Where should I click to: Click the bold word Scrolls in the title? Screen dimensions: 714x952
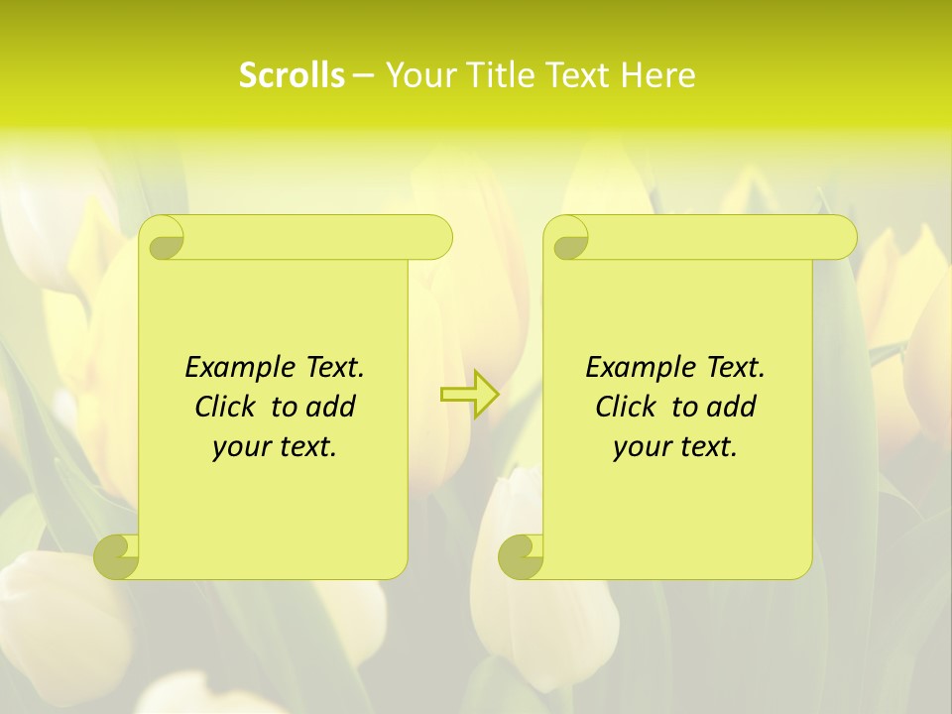[x=292, y=75]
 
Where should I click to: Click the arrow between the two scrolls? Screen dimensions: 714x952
[x=469, y=395]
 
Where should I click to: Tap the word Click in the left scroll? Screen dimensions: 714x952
[x=217, y=407]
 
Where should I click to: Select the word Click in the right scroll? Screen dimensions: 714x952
[x=618, y=407]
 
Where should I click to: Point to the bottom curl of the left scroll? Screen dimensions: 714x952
[x=117, y=557]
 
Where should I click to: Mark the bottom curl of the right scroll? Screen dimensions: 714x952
[x=522, y=557]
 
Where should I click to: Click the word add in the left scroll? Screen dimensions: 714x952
[x=332, y=407]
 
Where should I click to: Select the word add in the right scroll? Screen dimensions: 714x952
[x=733, y=407]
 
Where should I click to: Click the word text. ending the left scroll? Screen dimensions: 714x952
[x=303, y=448]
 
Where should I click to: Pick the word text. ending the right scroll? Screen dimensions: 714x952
[x=704, y=448]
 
